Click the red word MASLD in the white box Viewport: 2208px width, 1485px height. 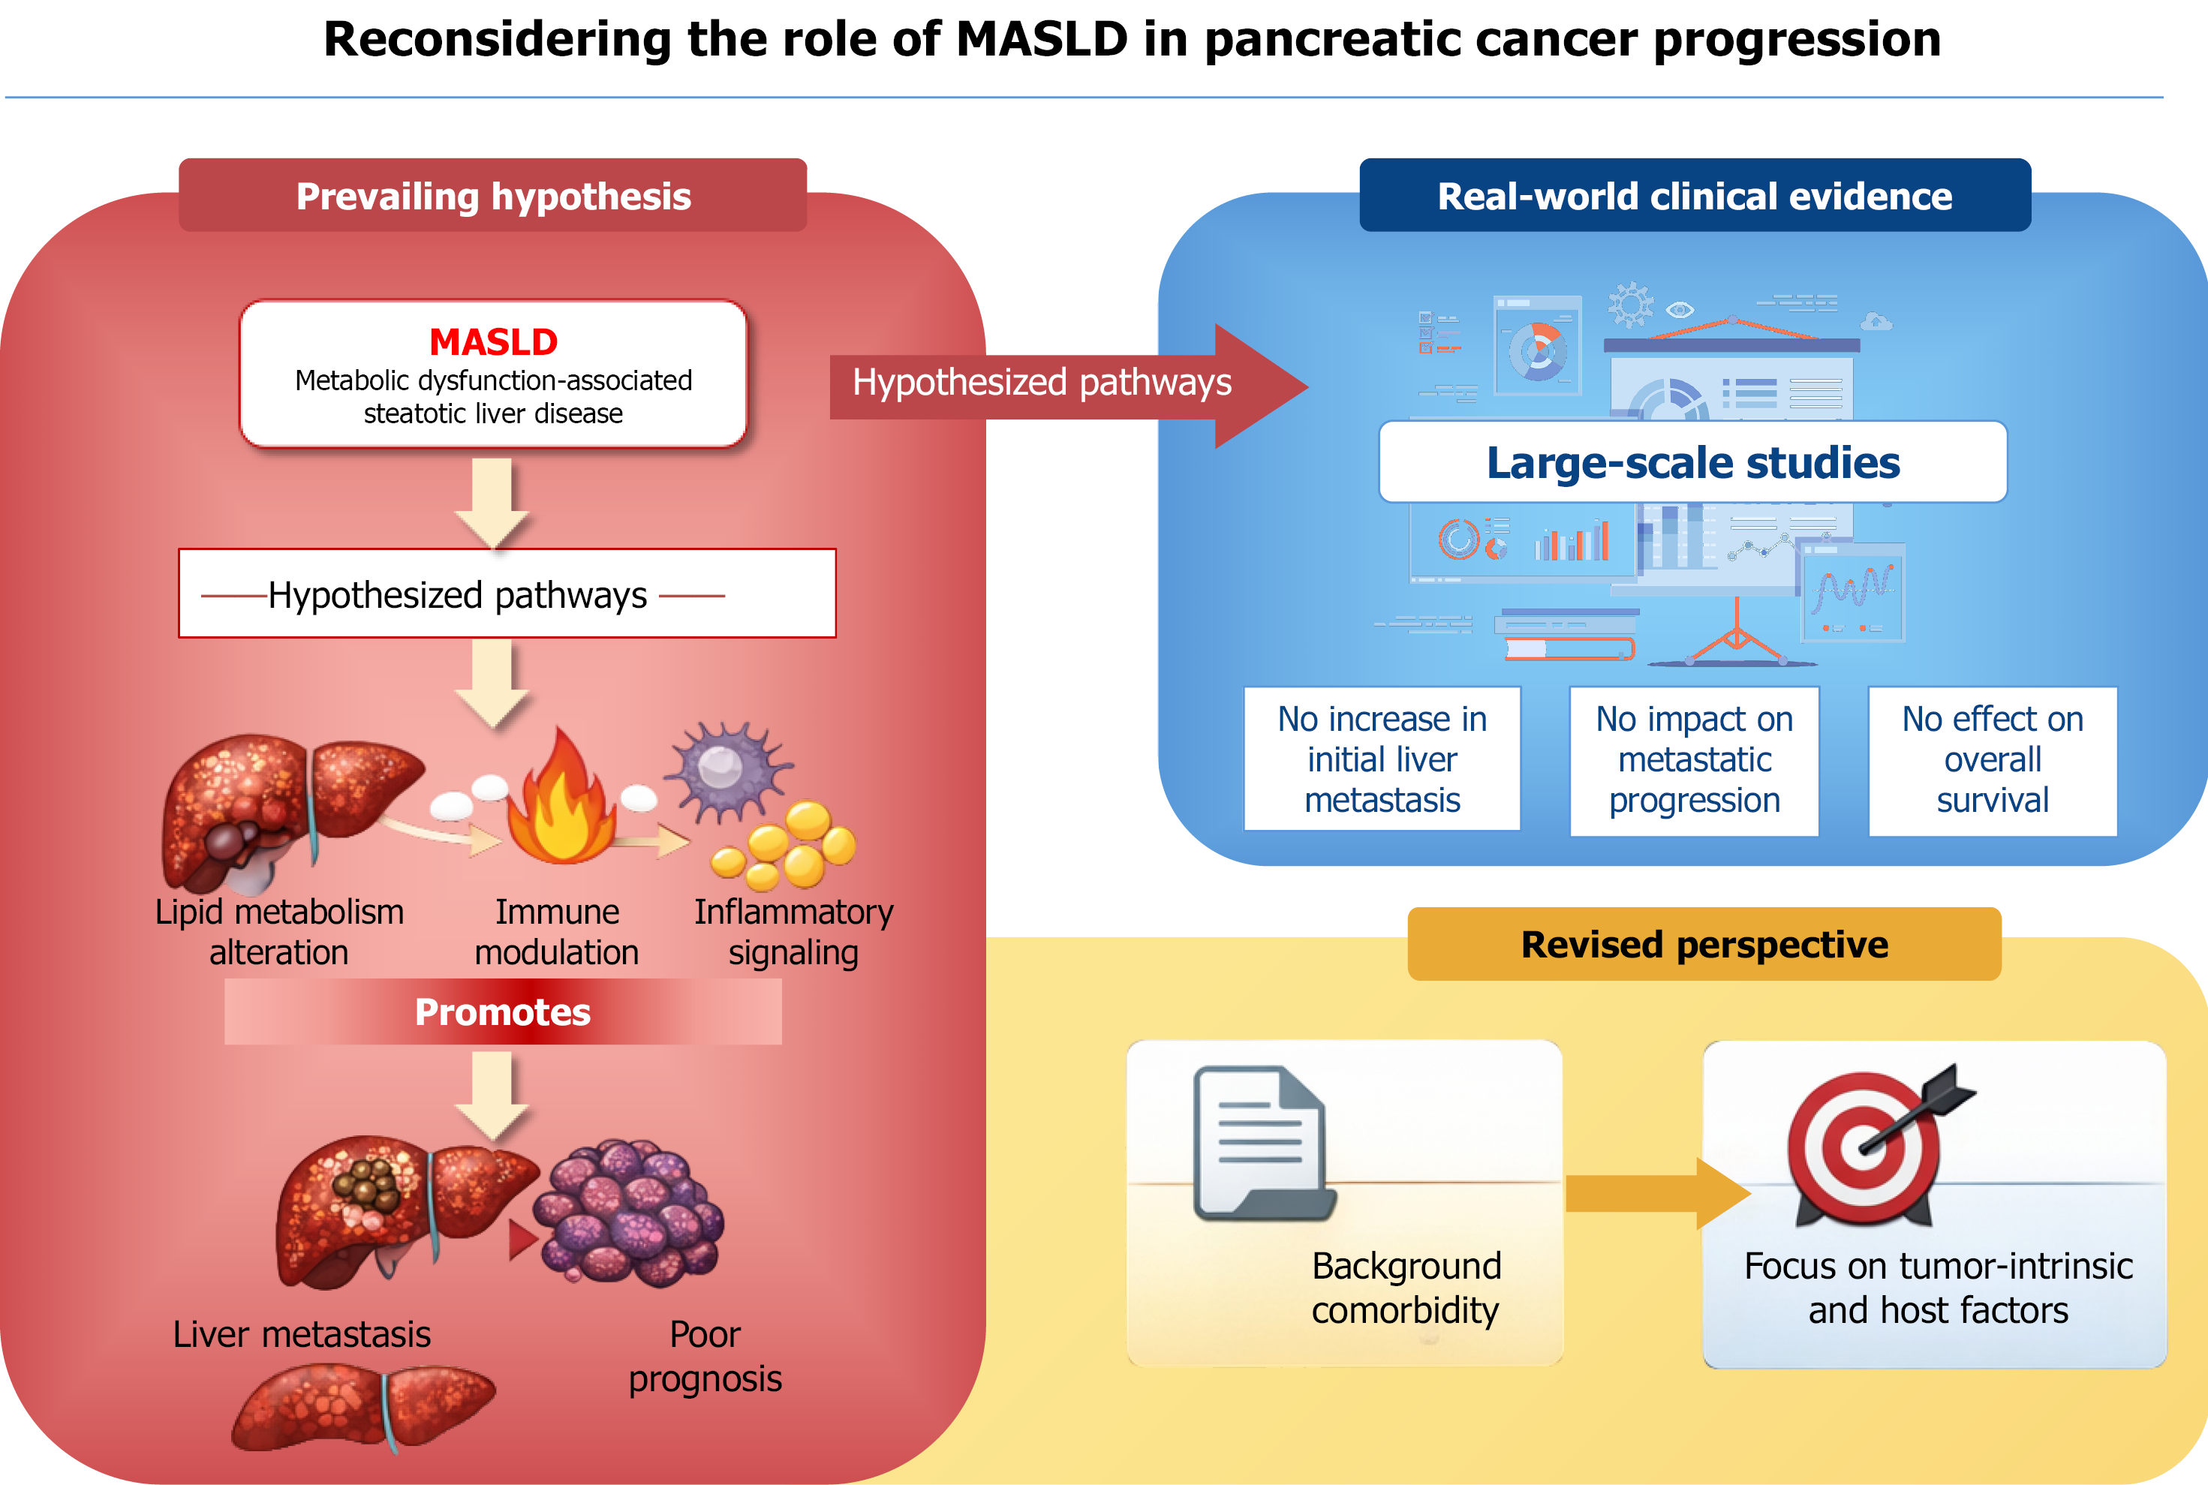(x=494, y=342)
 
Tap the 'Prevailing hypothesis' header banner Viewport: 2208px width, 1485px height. (x=492, y=195)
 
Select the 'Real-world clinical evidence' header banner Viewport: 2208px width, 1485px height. (x=1695, y=195)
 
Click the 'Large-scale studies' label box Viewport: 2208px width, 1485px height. (x=1692, y=462)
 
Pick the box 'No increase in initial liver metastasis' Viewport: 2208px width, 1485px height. (x=1382, y=759)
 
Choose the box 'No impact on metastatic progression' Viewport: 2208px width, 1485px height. (x=1695, y=760)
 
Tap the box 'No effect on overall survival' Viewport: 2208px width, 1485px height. (x=1993, y=760)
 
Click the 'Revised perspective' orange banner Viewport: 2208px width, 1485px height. (x=1704, y=944)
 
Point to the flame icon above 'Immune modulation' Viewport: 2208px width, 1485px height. (x=561, y=798)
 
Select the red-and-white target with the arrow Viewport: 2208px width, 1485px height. (x=1871, y=1146)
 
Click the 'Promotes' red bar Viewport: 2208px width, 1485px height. (x=503, y=1012)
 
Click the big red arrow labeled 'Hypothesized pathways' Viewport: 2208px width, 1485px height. (x=1069, y=386)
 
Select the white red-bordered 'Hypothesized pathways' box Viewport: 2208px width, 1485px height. (x=507, y=594)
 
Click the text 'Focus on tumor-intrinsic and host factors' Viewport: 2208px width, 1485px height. (x=1938, y=1288)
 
